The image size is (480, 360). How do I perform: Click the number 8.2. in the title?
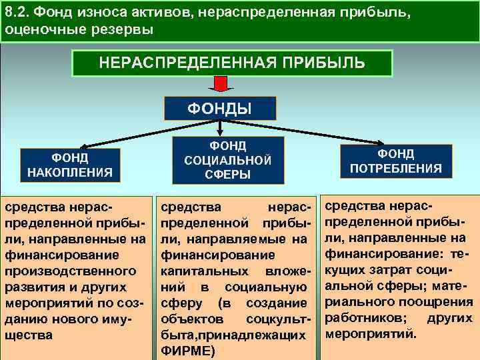pyautogui.click(x=18, y=11)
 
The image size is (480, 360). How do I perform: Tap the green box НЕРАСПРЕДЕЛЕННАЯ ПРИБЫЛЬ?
pyautogui.click(x=232, y=63)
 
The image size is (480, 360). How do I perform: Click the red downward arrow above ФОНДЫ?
pyautogui.click(x=221, y=85)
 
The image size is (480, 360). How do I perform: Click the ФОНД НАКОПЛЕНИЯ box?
pyautogui.click(x=69, y=165)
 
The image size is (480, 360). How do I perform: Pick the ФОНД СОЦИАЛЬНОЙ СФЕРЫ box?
pyautogui.click(x=227, y=160)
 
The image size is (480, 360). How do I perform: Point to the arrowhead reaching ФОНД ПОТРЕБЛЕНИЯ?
pyautogui.click(x=385, y=143)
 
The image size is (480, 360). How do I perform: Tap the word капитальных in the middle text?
pyautogui.click(x=198, y=271)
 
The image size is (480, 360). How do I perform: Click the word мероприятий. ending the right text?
pyautogui.click(x=369, y=333)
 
